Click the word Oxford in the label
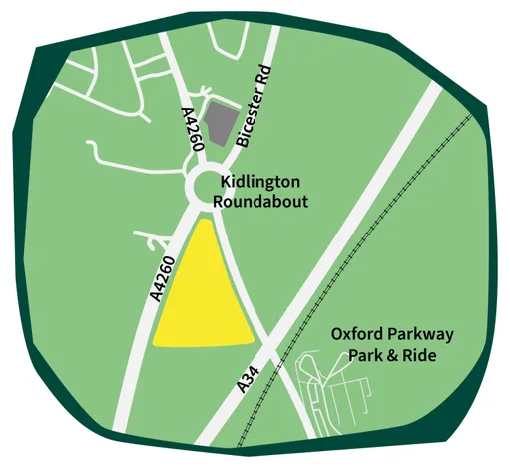(x=355, y=335)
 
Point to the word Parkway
(x=411, y=335)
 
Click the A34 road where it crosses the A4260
(x=268, y=339)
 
